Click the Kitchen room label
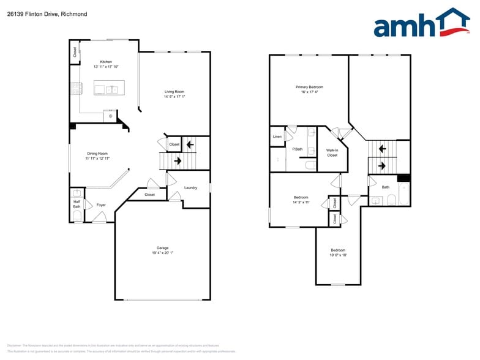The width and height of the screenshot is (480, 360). pos(106,62)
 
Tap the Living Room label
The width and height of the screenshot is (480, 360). pos(174,92)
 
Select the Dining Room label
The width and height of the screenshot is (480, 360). pos(97,154)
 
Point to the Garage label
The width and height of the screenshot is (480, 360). pos(162,248)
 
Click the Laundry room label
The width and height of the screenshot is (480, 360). pos(190,187)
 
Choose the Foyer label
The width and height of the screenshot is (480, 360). pos(101,204)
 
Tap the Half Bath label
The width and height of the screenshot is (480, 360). pos(77,204)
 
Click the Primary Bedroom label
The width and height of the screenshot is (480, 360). pos(309,87)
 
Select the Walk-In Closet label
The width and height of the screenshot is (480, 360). pos(332,152)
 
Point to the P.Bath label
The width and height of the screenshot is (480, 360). pos(298,149)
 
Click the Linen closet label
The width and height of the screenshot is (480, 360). pos(277,137)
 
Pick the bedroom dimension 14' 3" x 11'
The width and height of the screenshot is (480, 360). pos(301,202)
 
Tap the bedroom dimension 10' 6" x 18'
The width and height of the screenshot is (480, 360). pos(338,255)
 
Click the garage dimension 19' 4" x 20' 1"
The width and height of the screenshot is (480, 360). pos(162,253)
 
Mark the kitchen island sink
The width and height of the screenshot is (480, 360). pos(112,89)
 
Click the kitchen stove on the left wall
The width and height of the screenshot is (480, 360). pos(77,89)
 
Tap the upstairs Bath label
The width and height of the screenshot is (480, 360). pos(385,187)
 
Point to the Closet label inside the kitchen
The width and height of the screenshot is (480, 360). pos(75,53)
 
